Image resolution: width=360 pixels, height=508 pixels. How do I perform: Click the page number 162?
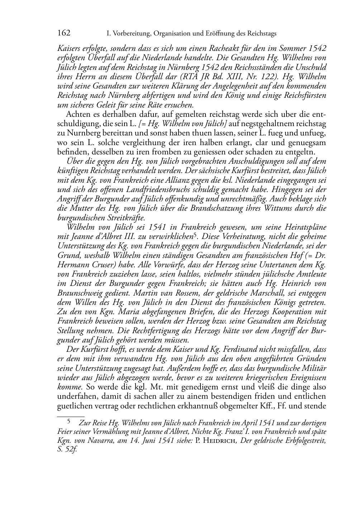click(x=64, y=33)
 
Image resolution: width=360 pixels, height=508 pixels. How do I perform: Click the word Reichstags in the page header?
click(x=261, y=34)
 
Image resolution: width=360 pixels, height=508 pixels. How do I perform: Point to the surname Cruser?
click(x=97, y=265)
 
